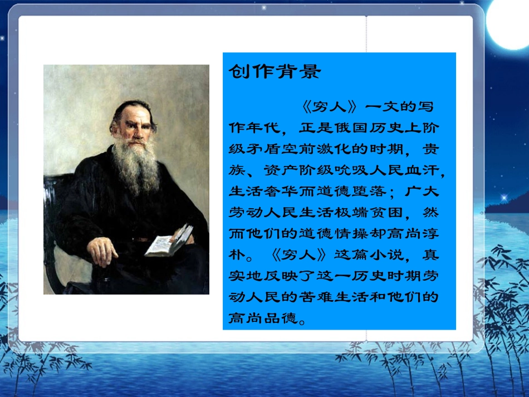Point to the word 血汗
(428, 170)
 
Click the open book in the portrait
(169, 241)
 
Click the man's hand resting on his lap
(104, 251)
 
